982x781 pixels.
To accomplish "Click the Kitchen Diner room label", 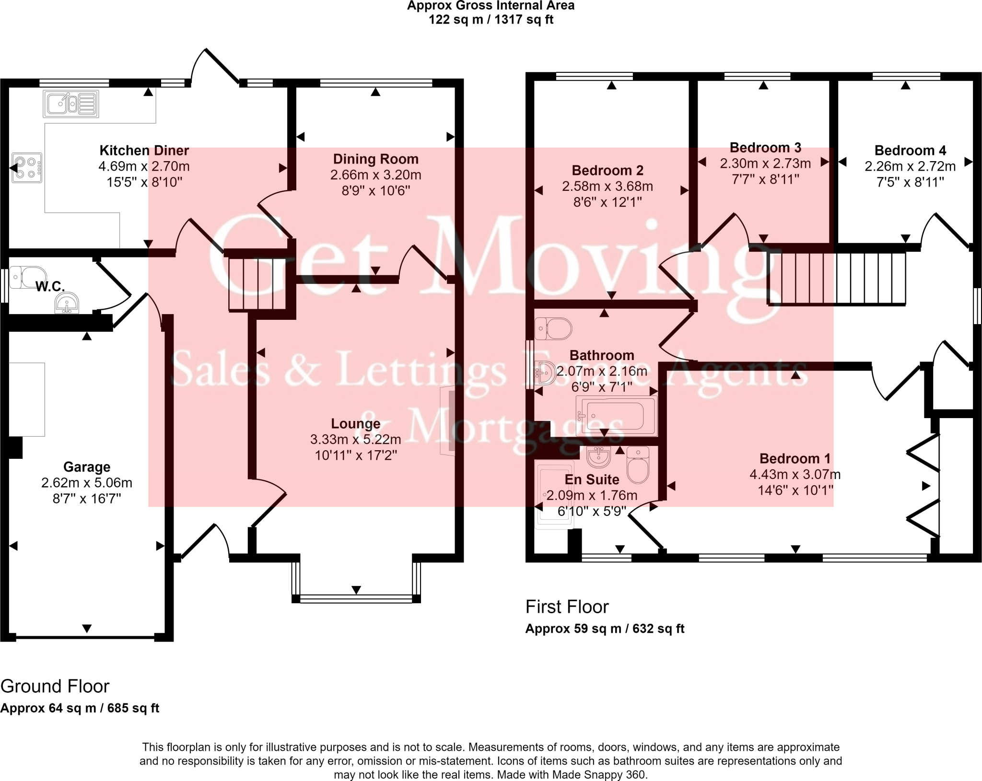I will coord(144,151).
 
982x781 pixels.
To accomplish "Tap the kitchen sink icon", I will coord(71,104).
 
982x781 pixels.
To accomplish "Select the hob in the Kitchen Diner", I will coord(27,168).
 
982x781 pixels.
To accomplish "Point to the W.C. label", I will coord(50,287).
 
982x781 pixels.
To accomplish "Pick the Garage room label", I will coord(87,467).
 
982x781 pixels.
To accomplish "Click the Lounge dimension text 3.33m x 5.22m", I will coord(355,439).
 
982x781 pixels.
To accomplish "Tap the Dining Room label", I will coord(375,159).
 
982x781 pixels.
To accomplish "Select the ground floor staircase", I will coord(257,284).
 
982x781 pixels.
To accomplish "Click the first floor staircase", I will coord(837,279).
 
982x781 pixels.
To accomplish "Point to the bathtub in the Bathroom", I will coord(616,415).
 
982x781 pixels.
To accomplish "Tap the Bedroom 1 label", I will coord(795,459).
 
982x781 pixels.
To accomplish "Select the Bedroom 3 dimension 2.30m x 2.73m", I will coord(765,163).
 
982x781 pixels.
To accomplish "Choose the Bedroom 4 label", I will coord(910,151).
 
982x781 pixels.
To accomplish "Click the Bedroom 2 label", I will coord(608,170).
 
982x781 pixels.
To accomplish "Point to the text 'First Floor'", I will coord(567,607).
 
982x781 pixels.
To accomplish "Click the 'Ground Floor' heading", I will coord(55,687).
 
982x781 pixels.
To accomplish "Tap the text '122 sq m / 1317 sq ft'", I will coord(491,20).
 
